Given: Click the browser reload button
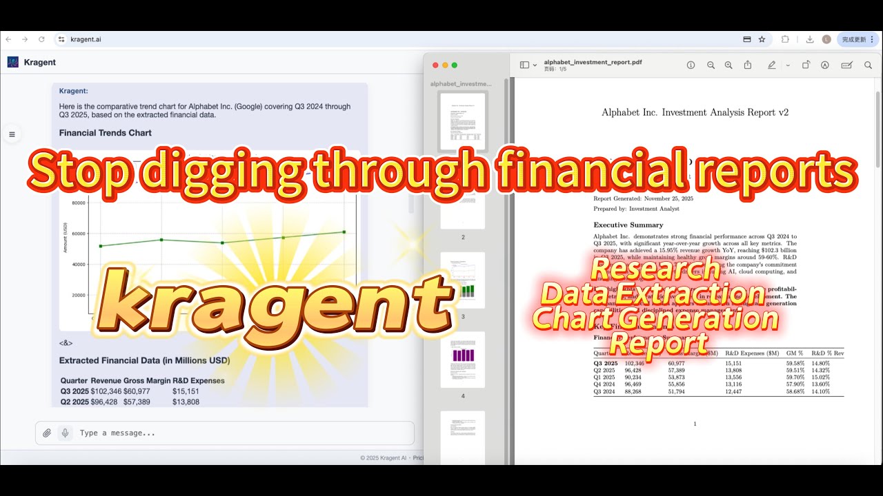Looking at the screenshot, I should (41, 39).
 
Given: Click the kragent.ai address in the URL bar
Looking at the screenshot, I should (86, 39).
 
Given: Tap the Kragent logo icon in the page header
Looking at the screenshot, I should (13, 62).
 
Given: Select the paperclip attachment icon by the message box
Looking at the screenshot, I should (47, 433).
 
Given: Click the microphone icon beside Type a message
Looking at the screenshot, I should (65, 433).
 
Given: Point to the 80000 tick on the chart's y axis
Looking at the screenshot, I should (78, 203).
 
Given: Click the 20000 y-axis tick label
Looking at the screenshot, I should (78, 295).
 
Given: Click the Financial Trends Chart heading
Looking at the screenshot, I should (105, 133).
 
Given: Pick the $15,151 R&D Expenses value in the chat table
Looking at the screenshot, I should (186, 391).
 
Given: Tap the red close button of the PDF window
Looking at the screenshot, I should (435, 65).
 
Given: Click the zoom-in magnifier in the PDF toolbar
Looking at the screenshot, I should (728, 65).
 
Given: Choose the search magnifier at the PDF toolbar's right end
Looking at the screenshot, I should (868, 65).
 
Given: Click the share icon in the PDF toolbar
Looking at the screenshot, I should (748, 65).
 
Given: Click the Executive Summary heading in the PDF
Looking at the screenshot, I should (628, 225).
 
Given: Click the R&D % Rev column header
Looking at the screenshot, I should (827, 353).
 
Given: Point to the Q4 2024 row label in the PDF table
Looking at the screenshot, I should (605, 384).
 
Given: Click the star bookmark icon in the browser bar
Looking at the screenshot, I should (762, 39).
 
